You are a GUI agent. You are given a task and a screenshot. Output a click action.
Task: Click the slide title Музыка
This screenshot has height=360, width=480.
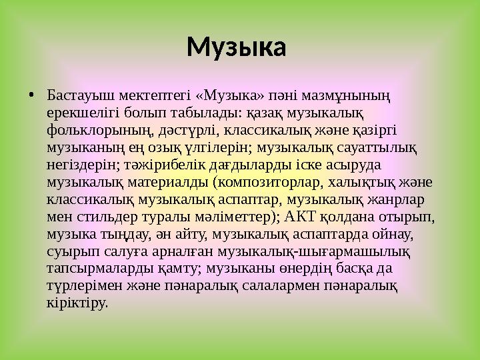click(236, 48)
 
